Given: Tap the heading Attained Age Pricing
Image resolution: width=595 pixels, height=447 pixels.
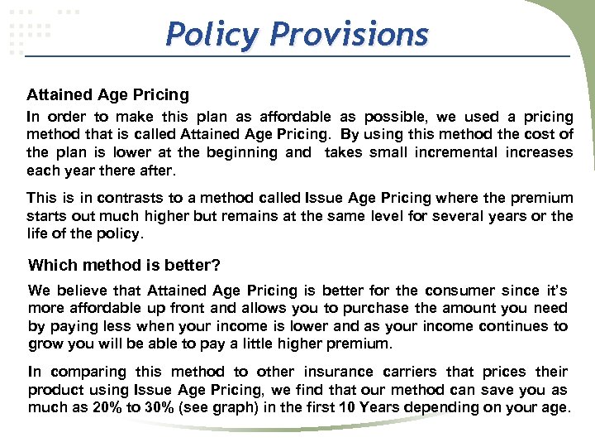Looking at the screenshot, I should click(x=107, y=95).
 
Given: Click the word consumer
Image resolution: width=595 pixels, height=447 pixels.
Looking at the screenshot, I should click(x=459, y=291).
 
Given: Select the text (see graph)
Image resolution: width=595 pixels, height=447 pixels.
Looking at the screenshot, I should click(x=202, y=407).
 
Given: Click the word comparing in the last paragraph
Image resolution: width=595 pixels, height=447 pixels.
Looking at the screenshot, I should click(x=86, y=372).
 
